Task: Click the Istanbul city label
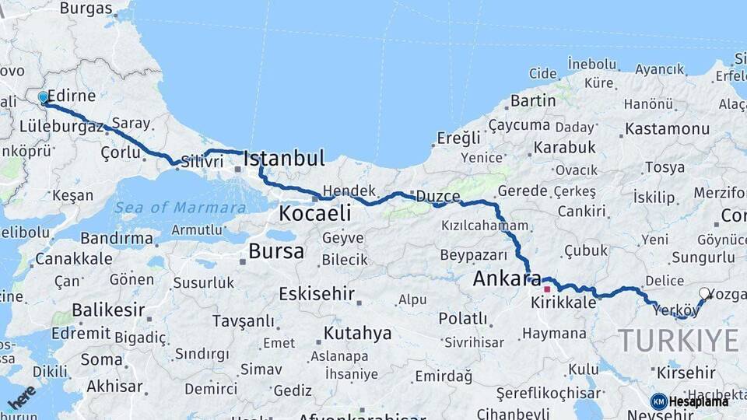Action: pyautogui.click(x=283, y=159)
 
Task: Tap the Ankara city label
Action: pyautogui.click(x=507, y=278)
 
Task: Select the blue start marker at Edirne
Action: pyautogui.click(x=44, y=97)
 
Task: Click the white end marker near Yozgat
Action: pyautogui.click(x=704, y=293)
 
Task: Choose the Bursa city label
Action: pyautogui.click(x=276, y=251)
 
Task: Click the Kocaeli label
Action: pyautogui.click(x=314, y=213)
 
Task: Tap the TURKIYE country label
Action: pyautogui.click(x=678, y=341)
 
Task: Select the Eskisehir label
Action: pyautogui.click(x=317, y=295)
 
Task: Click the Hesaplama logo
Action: pyautogui.click(x=689, y=401)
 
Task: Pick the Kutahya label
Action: pyautogui.click(x=357, y=334)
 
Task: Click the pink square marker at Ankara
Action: pyautogui.click(x=547, y=289)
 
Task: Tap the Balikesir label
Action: pyautogui.click(x=108, y=310)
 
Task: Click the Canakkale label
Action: pyautogui.click(x=74, y=258)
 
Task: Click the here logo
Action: pyautogui.click(x=21, y=397)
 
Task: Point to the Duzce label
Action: pyautogui.click(x=437, y=196)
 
